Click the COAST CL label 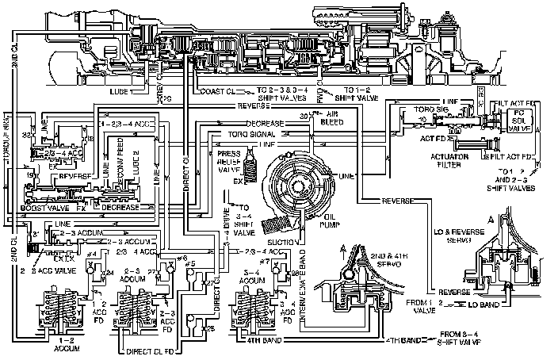point(212,92)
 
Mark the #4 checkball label point(93,253)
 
